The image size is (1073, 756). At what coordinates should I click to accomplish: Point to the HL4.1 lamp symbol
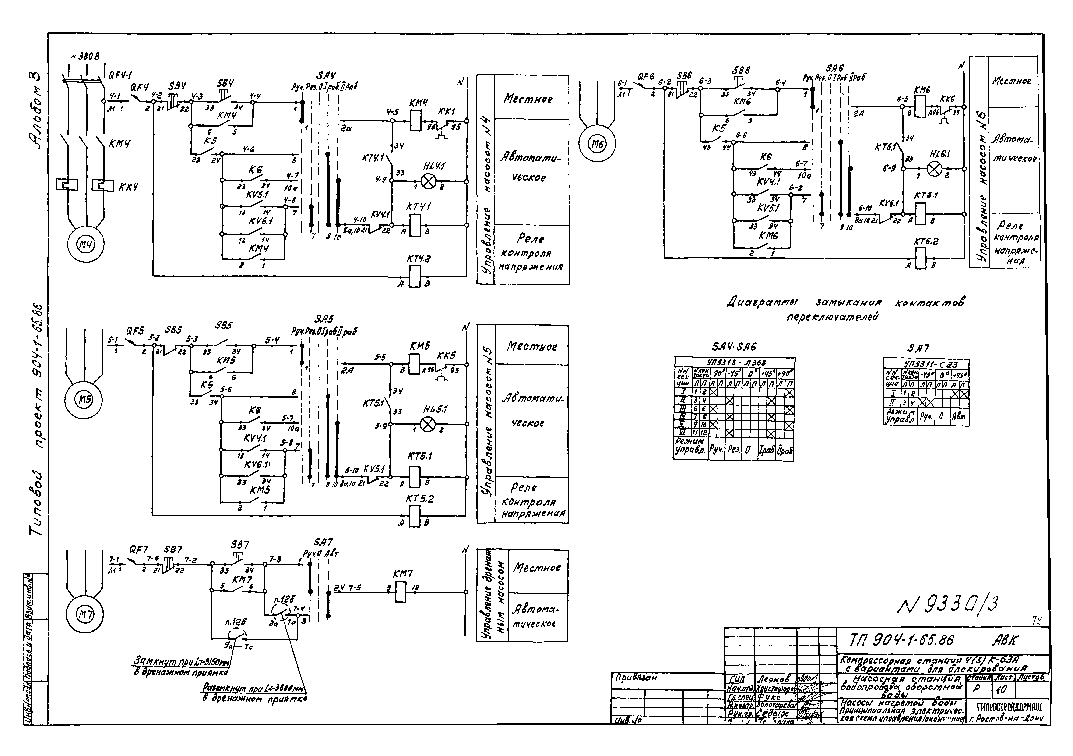click(x=428, y=181)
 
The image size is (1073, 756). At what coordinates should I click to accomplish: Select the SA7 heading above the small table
click(x=918, y=348)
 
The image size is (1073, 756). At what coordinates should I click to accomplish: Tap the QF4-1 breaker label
click(x=121, y=75)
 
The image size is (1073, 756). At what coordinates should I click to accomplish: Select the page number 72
click(x=1037, y=621)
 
